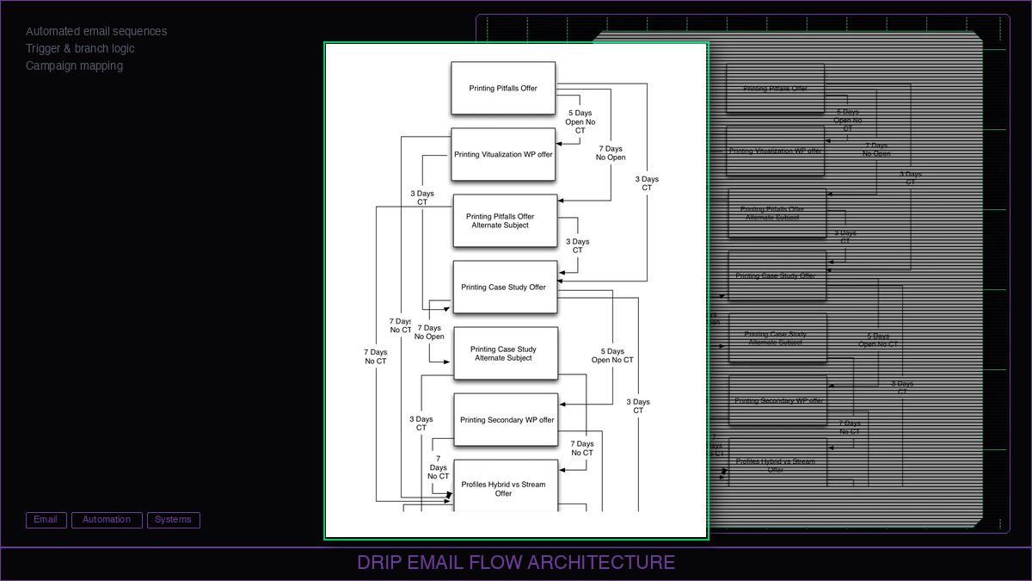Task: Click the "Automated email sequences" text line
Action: coord(96,32)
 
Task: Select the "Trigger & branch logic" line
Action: coord(80,49)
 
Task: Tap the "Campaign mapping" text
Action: coord(74,66)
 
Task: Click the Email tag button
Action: coord(46,520)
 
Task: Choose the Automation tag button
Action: coord(107,520)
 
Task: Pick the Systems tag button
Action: coord(173,520)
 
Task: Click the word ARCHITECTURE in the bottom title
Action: coord(601,563)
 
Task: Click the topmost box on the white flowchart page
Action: coord(503,88)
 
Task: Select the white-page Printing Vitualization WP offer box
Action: coord(503,155)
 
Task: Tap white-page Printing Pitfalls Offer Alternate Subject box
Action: coord(505,221)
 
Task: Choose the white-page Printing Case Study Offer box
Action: coord(505,287)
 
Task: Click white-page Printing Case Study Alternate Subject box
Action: coord(505,354)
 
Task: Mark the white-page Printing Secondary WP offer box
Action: coord(506,420)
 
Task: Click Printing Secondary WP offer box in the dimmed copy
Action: coord(777,401)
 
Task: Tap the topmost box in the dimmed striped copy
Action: coord(775,89)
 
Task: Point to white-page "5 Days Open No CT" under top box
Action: coord(580,121)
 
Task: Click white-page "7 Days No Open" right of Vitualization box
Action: coord(611,153)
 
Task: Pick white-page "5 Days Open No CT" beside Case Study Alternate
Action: coord(612,355)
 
